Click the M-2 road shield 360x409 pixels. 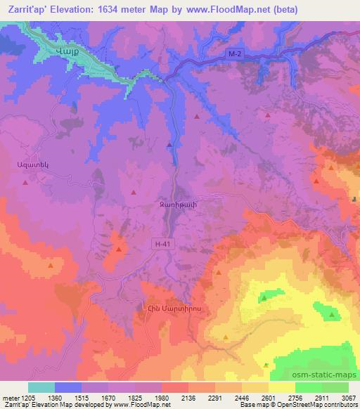236,54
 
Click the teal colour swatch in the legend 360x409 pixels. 41,387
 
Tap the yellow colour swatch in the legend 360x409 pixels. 282,387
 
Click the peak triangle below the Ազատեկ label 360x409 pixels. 25,182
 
